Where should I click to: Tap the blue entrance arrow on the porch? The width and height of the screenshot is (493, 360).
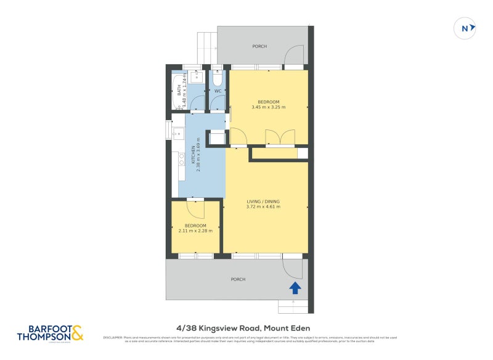[295, 287]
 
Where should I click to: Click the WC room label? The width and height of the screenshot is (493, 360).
[218, 91]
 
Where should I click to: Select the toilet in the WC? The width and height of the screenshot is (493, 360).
[218, 78]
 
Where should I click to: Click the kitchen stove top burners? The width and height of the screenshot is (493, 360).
[181, 160]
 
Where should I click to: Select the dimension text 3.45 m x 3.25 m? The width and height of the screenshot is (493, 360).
[268, 107]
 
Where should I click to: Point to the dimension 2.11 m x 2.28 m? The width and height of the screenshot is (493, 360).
[195, 231]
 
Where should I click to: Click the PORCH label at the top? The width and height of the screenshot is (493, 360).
[259, 47]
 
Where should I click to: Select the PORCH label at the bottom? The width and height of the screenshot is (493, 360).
[238, 279]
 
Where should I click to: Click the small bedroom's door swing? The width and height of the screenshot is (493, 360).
[195, 210]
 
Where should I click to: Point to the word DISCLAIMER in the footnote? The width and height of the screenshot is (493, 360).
[113, 337]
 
